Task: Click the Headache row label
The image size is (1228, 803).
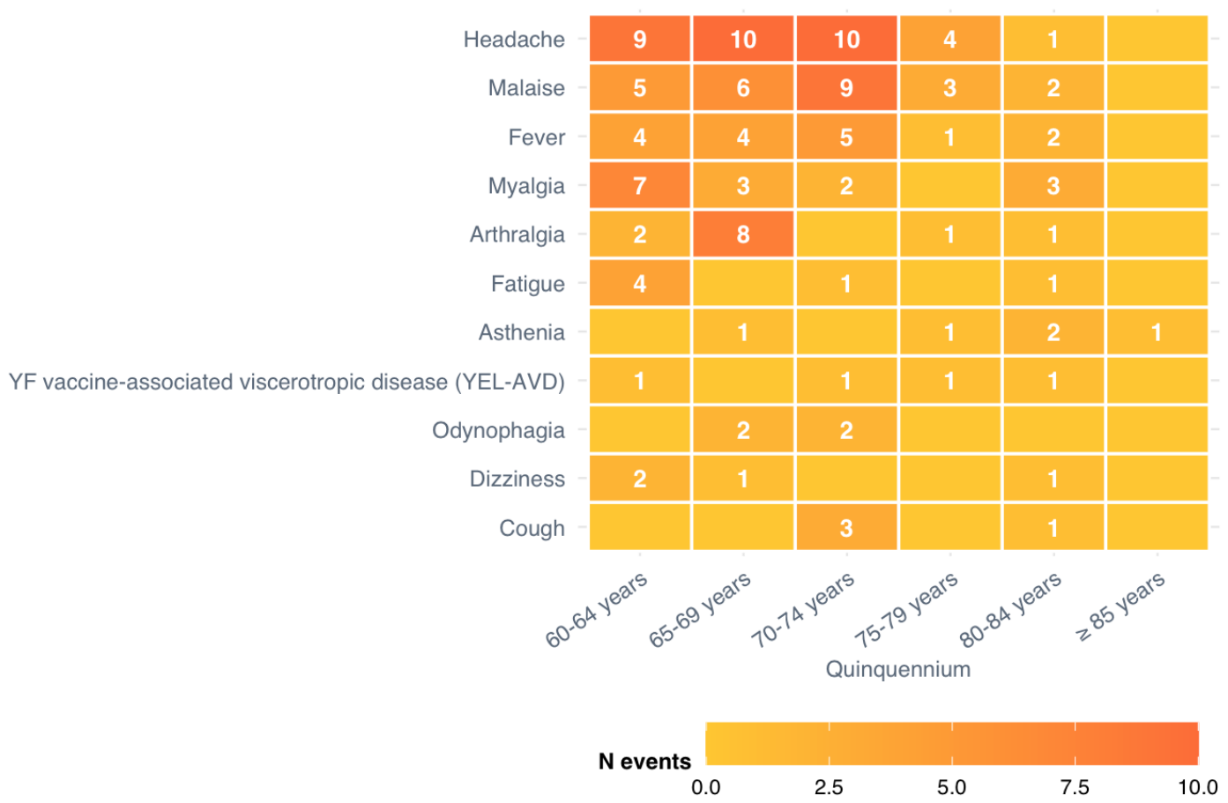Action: (514, 40)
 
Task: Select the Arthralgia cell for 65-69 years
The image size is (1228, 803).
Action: (743, 234)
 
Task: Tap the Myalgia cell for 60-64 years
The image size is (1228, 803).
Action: (640, 186)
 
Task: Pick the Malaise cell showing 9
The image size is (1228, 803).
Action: (846, 87)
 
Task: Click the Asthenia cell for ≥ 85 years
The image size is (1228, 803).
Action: (1157, 332)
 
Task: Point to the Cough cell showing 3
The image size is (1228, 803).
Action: (846, 527)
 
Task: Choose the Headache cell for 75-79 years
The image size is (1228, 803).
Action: (950, 39)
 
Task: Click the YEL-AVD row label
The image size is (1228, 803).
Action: (287, 382)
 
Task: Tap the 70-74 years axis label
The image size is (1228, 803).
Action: (803, 609)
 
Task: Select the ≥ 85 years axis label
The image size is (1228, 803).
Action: (1120, 606)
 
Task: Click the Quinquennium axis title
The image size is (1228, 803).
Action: (898, 669)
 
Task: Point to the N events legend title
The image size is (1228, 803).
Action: (644, 762)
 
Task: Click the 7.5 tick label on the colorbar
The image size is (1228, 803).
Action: (1075, 788)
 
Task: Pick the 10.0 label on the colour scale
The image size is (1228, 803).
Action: (1198, 788)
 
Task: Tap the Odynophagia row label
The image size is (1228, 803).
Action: (498, 431)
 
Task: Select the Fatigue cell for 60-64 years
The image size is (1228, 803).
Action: (640, 283)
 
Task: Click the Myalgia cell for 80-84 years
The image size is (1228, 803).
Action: (1053, 186)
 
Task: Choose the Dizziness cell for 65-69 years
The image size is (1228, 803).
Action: (743, 479)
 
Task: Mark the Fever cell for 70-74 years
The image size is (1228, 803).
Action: (846, 137)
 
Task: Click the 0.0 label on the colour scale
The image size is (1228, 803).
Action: (706, 788)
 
